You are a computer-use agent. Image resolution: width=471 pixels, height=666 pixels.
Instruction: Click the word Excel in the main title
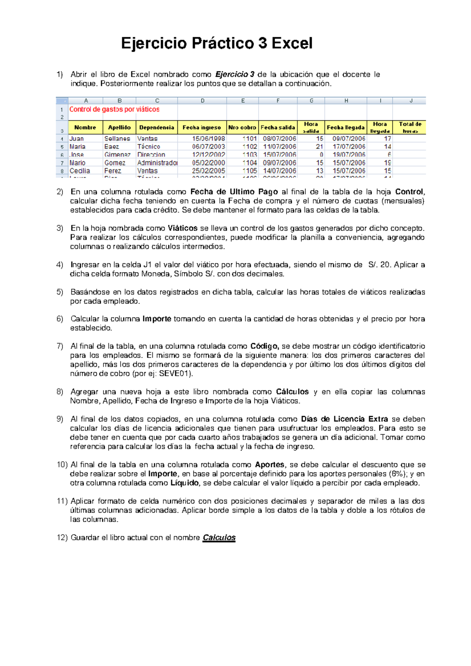click(292, 43)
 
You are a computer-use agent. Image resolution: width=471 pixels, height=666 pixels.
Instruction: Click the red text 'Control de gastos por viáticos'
click(114, 109)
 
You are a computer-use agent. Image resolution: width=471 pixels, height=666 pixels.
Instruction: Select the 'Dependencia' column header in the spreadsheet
click(157, 127)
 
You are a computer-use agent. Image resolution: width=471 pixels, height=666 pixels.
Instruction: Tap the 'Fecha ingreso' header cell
click(202, 127)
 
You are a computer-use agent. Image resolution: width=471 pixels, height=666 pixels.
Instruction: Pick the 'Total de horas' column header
click(410, 127)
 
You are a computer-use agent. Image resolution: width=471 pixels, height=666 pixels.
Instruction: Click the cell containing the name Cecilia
click(80, 171)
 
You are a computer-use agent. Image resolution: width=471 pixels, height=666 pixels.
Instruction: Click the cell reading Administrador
click(157, 163)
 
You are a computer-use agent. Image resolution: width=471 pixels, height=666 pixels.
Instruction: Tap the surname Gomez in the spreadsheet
click(115, 163)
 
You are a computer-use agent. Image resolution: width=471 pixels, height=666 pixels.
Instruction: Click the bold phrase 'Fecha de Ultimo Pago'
click(234, 192)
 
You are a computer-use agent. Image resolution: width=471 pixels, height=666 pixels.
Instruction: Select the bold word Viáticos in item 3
click(183, 228)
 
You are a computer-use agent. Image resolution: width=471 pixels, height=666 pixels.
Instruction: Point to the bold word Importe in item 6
click(157, 319)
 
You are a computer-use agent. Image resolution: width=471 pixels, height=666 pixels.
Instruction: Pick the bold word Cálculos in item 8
click(292, 392)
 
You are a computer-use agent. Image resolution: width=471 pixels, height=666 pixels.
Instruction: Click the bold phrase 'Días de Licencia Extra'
click(344, 419)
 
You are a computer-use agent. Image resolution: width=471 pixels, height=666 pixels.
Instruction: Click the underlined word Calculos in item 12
click(219, 538)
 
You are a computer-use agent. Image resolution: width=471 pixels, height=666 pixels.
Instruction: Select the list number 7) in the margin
click(60, 346)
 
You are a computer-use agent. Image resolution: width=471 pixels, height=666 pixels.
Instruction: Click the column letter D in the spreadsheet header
click(203, 101)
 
